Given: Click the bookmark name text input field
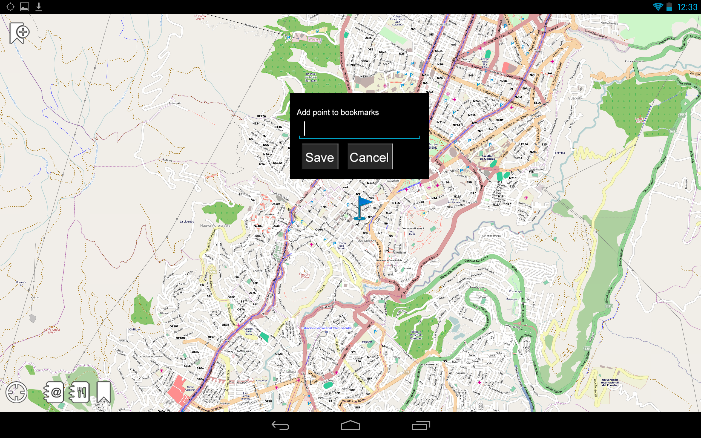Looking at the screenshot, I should pyautogui.click(x=359, y=129).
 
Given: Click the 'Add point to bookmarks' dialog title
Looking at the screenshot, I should pyautogui.click(x=337, y=113).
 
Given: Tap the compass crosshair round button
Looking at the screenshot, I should pyautogui.click(x=16, y=392).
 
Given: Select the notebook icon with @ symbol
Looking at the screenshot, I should pyautogui.click(x=54, y=392).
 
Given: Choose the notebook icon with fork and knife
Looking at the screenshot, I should pyautogui.click(x=79, y=392).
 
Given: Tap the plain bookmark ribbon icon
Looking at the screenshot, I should pyautogui.click(x=104, y=392).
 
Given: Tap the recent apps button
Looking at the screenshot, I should pyautogui.click(x=421, y=425).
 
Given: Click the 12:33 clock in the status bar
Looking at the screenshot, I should pyautogui.click(x=687, y=7).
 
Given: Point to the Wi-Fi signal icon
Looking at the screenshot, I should pyautogui.click(x=658, y=7).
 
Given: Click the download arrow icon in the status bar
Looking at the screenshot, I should pyautogui.click(x=39, y=7).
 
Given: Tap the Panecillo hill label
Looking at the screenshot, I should pyautogui.click(x=304, y=274).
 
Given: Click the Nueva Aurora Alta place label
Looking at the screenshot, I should pyautogui.click(x=215, y=225).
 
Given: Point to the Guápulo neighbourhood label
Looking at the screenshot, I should pyautogui.click(x=575, y=98).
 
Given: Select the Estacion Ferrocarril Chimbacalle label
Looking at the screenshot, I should pyautogui.click(x=326, y=328).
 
